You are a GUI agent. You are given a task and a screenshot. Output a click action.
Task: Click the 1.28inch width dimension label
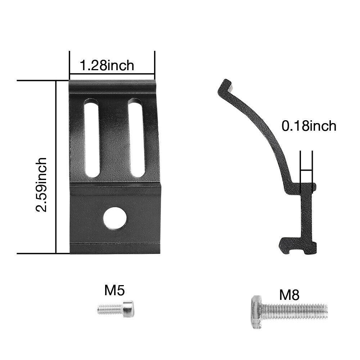pos(107,66)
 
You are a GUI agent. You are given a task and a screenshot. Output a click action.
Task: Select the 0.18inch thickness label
pos(309,126)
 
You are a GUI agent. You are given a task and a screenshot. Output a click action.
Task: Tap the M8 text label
pos(289,295)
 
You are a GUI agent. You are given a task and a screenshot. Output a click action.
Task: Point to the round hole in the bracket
pos(115,218)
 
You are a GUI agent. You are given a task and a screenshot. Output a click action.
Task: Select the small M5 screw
pos(115,309)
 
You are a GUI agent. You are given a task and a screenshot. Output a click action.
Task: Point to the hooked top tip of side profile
pos(226,86)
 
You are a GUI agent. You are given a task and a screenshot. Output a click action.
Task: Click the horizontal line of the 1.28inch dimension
pos(112,75)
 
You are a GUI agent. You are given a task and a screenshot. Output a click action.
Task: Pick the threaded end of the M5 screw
pos(106,309)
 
